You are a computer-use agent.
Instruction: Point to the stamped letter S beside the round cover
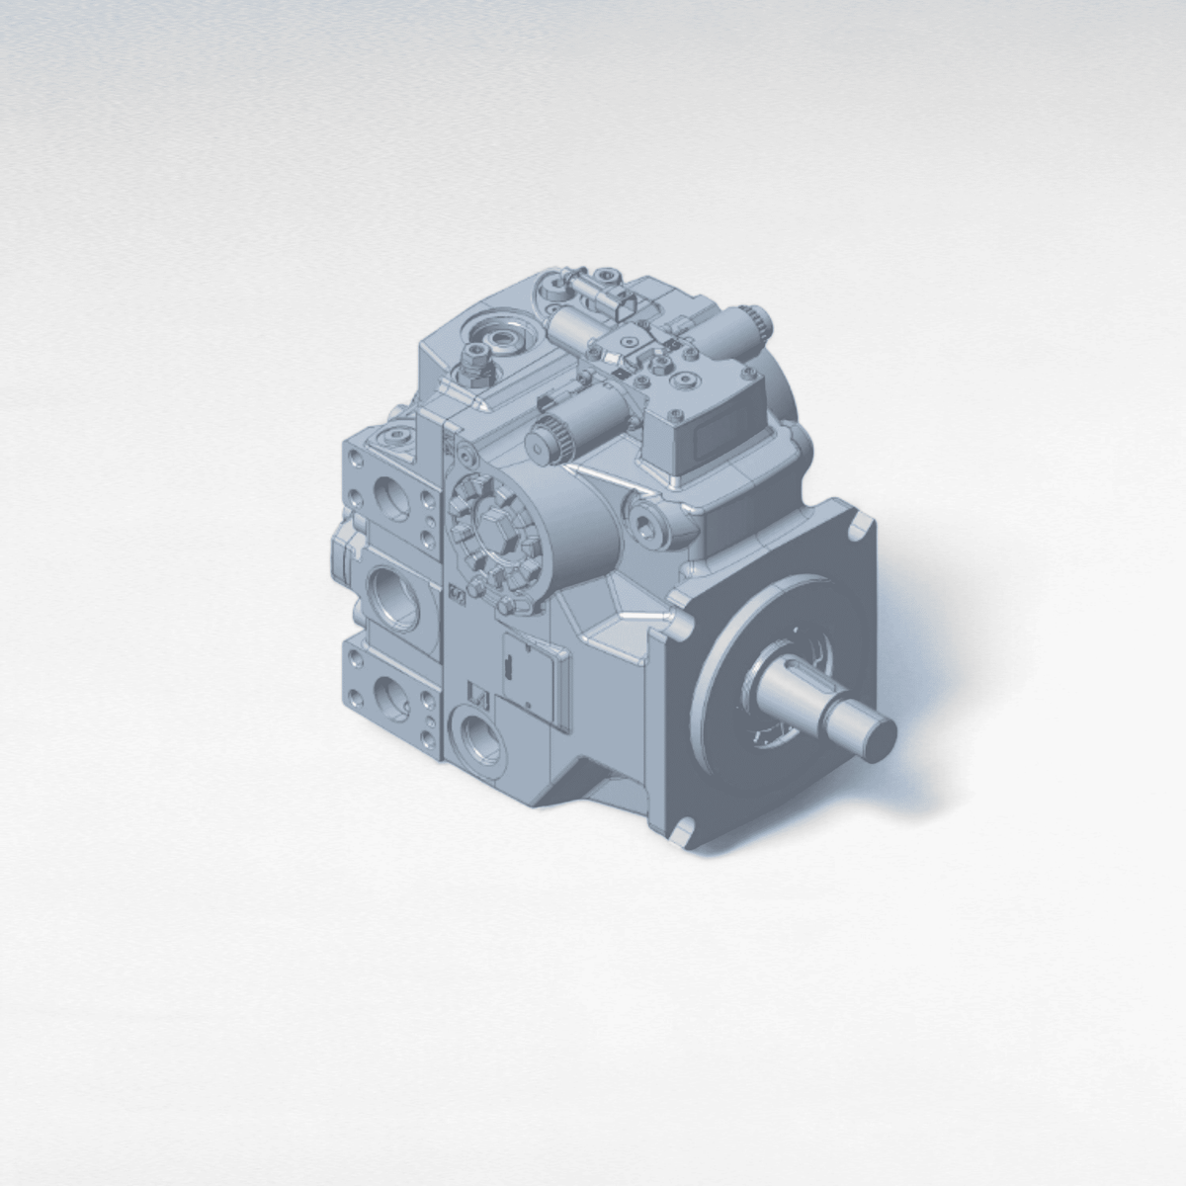pyautogui.click(x=457, y=596)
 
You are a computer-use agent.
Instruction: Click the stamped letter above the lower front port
pyautogui.click(x=471, y=694)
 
